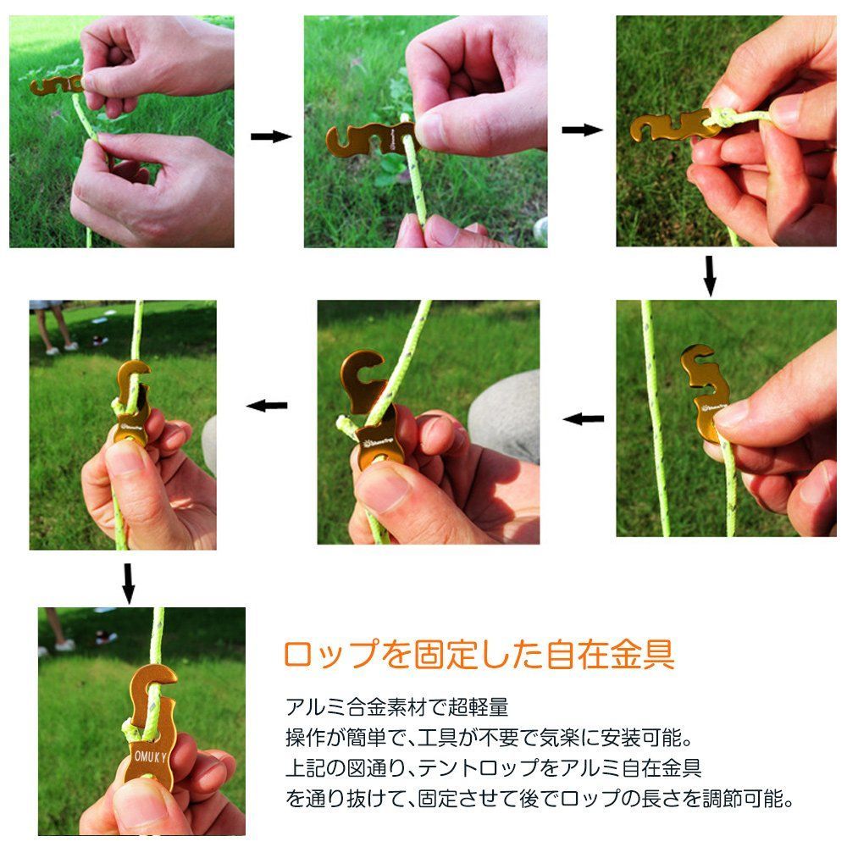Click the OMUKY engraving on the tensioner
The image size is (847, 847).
pos(151,756)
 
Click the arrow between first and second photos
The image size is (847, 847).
pos(271,136)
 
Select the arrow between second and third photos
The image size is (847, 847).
pos(583,130)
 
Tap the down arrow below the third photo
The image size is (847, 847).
pos(710,275)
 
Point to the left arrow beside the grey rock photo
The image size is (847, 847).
pos(584,418)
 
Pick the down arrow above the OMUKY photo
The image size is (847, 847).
pos(128,584)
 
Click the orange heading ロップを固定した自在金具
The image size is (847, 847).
pos(479,654)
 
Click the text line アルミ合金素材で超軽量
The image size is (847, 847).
pos(397,707)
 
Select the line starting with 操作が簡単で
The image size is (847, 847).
pos(489,738)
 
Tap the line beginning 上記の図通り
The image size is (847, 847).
pos(494,767)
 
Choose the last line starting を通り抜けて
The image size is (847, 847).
pos(540,798)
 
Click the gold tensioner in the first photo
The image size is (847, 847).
pos(57,86)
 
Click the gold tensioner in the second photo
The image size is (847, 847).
pos(372,140)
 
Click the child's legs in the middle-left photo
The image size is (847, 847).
pos(54,327)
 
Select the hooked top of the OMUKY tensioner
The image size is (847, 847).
pos(154,682)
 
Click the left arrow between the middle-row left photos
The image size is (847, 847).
pos(267,406)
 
